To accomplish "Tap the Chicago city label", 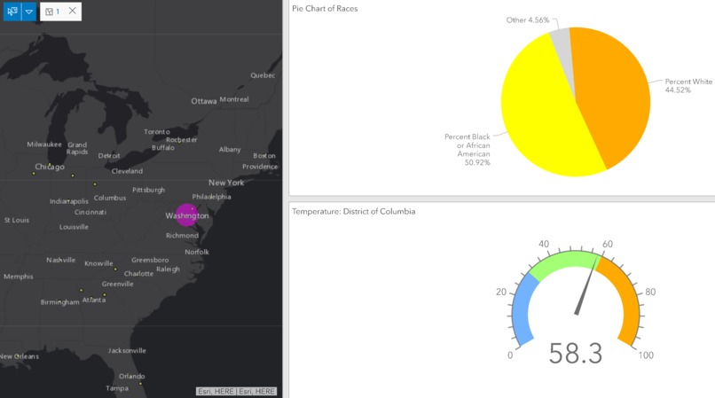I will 50,167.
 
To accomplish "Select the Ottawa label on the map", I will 204,101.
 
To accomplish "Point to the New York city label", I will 226,183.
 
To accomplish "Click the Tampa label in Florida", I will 117,388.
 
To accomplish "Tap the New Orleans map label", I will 19,356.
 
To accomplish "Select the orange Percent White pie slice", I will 612,93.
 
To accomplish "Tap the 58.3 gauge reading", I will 575,354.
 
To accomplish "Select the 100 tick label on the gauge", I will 646,355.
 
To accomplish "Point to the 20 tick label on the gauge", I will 501,293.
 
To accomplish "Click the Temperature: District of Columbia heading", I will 354,212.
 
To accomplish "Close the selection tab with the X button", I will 72,12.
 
